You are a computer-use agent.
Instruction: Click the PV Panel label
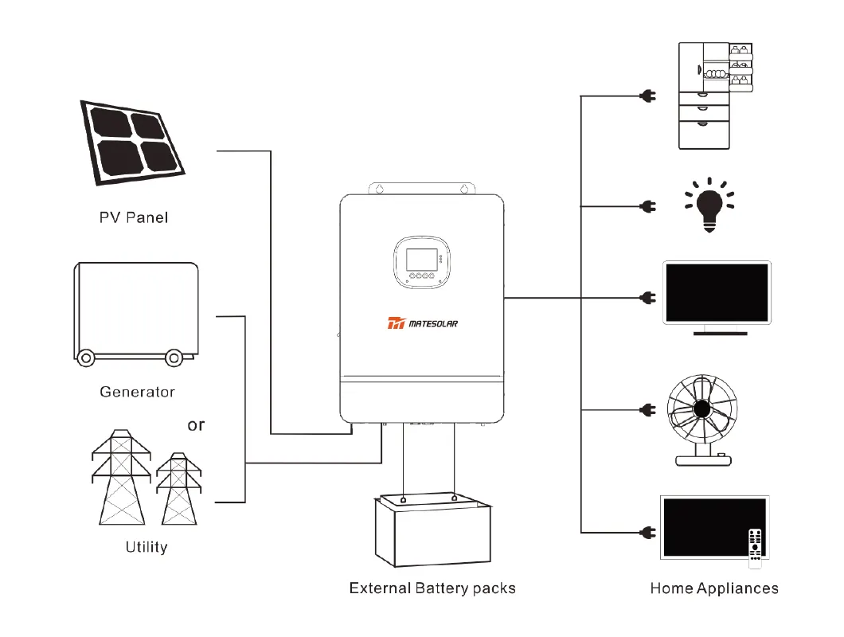[x=134, y=217]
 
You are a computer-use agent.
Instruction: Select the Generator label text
[x=137, y=392]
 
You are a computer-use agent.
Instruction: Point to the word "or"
[x=196, y=425]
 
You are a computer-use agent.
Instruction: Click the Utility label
[x=147, y=547]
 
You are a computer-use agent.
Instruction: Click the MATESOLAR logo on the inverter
[x=423, y=323]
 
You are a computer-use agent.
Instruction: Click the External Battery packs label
[x=432, y=589]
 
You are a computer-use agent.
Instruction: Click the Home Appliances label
[x=714, y=589]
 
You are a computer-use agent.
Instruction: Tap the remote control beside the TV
[x=755, y=547]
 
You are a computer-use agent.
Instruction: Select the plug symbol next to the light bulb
[x=647, y=205]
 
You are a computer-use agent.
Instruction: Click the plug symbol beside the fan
[x=647, y=410]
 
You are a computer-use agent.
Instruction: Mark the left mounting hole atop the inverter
[x=381, y=190]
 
